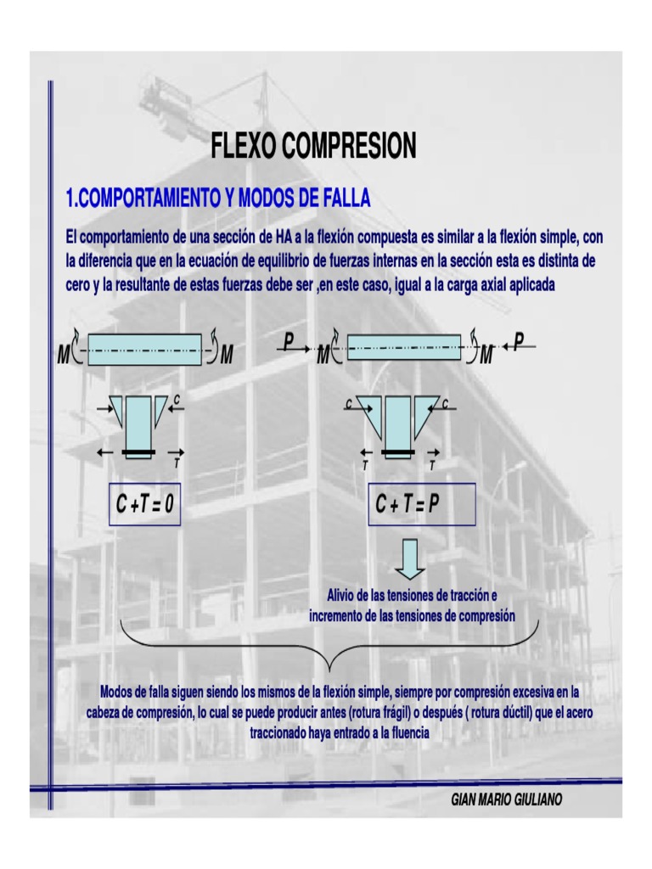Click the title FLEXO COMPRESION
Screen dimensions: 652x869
313,147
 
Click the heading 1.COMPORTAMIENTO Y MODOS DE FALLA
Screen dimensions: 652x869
218,199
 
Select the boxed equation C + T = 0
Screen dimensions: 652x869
144,506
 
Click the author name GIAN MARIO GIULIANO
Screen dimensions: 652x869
507,800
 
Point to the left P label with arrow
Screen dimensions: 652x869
289,341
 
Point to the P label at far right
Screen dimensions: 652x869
520,341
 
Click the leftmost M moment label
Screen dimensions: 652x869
62,356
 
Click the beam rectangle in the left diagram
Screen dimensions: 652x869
144,349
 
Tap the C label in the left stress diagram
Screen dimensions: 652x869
177,398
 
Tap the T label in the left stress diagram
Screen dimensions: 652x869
177,463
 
